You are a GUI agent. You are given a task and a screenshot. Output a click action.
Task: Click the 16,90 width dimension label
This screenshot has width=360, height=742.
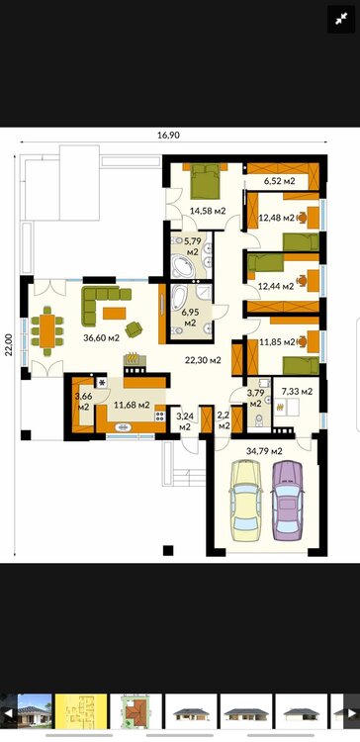(168, 135)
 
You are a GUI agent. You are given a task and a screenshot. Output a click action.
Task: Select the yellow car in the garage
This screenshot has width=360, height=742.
(245, 502)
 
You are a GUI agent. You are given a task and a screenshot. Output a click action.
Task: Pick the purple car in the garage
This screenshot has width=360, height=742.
(287, 501)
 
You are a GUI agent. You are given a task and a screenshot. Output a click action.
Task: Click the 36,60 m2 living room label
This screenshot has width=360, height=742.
(101, 338)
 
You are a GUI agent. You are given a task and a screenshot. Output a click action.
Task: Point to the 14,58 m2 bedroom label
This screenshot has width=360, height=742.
(208, 211)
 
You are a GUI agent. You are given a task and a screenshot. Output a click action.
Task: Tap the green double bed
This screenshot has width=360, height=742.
(206, 181)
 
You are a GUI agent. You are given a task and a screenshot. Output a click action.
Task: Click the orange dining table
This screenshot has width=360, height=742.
(46, 331)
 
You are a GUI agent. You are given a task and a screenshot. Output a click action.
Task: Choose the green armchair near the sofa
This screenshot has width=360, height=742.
(134, 328)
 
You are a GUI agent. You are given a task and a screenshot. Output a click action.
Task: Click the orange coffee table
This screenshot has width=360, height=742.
(115, 314)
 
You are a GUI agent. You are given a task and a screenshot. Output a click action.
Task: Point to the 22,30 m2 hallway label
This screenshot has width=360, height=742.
(203, 360)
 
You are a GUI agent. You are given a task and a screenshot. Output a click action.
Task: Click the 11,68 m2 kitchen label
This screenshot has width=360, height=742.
(132, 405)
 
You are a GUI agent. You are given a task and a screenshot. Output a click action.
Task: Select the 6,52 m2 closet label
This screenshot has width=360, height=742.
(279, 181)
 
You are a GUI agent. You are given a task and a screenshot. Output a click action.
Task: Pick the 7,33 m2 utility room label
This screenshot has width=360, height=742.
(297, 392)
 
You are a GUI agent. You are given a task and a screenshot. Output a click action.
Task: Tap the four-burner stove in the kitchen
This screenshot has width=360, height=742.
(160, 416)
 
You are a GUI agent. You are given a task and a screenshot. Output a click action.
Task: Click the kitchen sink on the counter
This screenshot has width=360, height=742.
(124, 427)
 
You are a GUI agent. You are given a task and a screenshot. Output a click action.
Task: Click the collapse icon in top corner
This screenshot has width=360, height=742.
(341, 19)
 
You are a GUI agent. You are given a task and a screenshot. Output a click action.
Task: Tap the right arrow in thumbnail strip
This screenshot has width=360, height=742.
(351, 713)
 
